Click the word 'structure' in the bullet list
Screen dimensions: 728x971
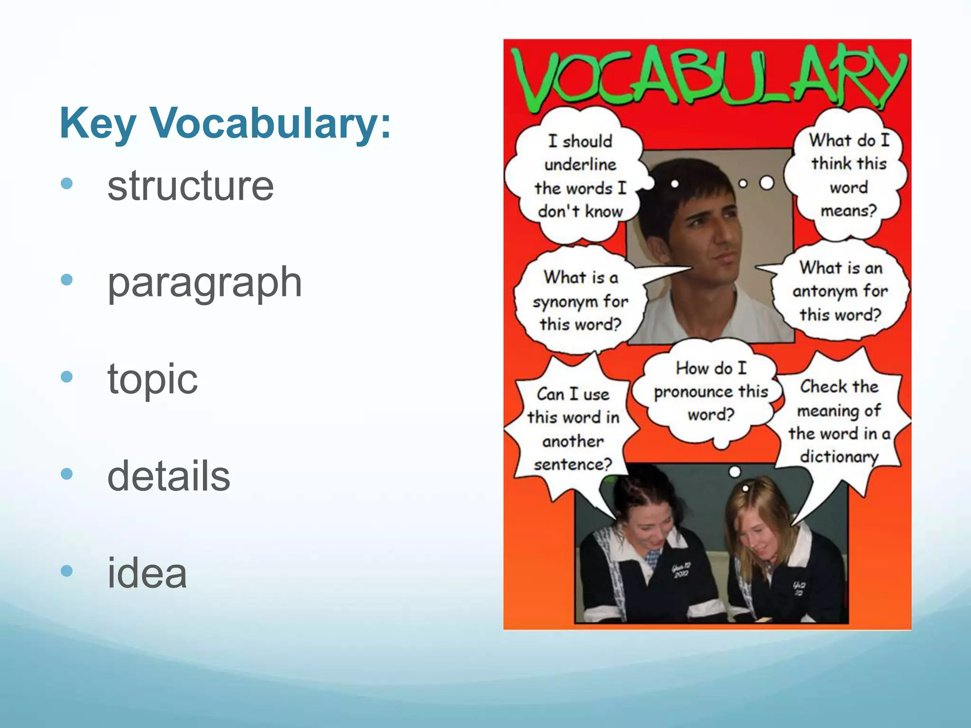coord(190,186)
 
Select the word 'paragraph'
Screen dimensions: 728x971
coord(204,282)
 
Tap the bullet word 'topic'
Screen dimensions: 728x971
coord(152,379)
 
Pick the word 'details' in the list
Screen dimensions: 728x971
coord(169,476)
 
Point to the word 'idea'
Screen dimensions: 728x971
coord(147,573)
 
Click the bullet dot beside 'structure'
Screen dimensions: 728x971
coord(67,183)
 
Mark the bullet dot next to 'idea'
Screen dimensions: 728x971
coord(67,571)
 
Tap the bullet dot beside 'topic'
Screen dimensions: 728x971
coord(67,377)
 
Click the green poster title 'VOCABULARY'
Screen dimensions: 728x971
coord(708,76)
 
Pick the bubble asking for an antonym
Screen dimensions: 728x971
coord(840,291)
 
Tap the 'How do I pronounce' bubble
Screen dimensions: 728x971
coord(710,391)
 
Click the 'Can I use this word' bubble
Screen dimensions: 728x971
coord(573,429)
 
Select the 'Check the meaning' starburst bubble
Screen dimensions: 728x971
coord(839,422)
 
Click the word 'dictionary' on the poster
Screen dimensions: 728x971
coord(839,456)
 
